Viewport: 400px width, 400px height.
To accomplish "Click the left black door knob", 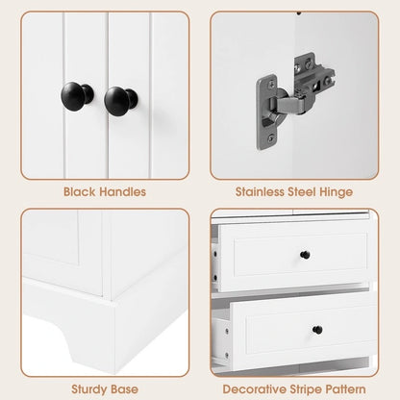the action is tap(77, 96).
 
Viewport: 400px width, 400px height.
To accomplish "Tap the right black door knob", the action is tap(120, 100).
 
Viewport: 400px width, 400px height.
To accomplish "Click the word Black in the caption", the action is tap(79, 191).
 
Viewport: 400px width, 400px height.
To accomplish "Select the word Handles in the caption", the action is tap(122, 191).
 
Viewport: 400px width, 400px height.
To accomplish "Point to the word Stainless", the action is tap(260, 191).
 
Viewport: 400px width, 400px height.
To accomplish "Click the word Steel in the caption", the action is tap(302, 191).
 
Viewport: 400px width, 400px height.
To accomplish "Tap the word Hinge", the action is tap(337, 192).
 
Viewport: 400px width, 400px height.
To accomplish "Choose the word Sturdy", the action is tap(87, 389).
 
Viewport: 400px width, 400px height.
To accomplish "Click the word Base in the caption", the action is tap(123, 389).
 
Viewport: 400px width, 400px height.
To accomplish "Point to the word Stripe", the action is tap(307, 389).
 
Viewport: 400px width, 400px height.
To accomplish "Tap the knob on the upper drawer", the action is tap(305, 255).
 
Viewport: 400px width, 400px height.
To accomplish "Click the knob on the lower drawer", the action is tap(317, 330).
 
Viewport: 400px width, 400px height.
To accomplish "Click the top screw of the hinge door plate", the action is tap(272, 84).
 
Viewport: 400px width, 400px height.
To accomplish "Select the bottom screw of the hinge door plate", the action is tap(271, 137).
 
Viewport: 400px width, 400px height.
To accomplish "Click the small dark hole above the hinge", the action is tap(299, 13).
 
